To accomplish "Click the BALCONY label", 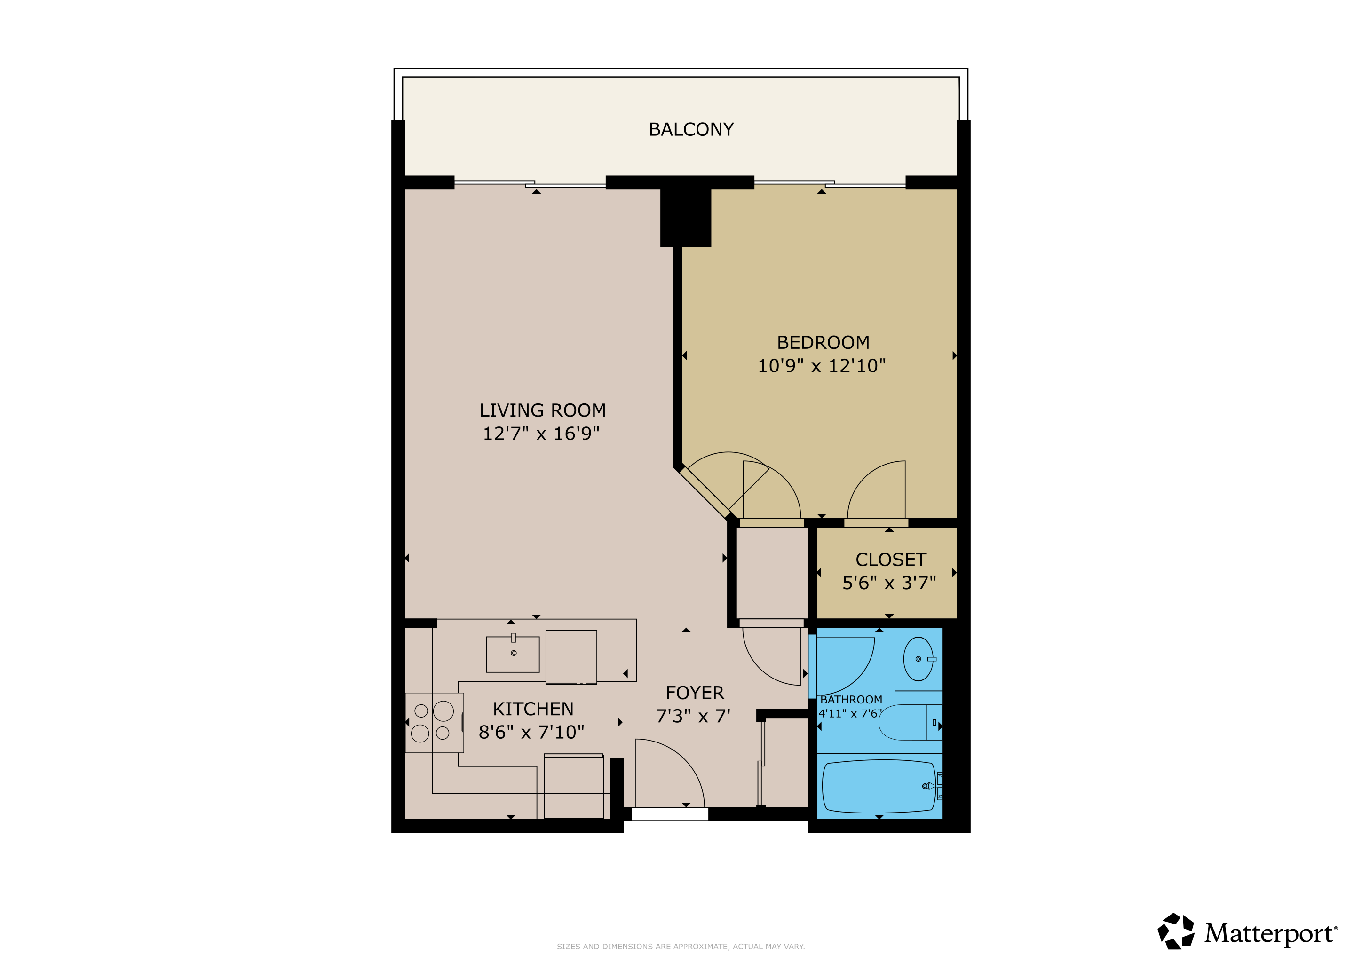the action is click(x=691, y=129).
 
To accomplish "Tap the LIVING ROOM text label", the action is click(x=542, y=410).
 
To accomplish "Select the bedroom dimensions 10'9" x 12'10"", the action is click(x=822, y=366).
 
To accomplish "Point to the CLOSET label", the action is click(x=890, y=560).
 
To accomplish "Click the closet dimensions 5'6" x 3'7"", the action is click(x=889, y=583).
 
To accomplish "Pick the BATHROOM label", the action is click(x=851, y=700).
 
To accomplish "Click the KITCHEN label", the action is click(x=533, y=709).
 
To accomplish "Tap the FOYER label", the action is click(x=695, y=693).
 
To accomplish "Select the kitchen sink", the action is click(x=513, y=654).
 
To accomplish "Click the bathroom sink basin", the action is click(x=919, y=659).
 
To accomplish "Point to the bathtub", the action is click(x=880, y=786).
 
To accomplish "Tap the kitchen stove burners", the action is click(x=432, y=722).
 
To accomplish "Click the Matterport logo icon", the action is click(x=1176, y=931).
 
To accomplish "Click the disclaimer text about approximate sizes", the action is click(x=681, y=947).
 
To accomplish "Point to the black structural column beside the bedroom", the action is click(x=685, y=217).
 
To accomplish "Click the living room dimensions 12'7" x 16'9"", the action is click(x=541, y=434).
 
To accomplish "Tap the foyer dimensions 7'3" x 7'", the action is click(x=693, y=716).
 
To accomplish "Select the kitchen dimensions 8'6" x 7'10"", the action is click(x=531, y=732).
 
